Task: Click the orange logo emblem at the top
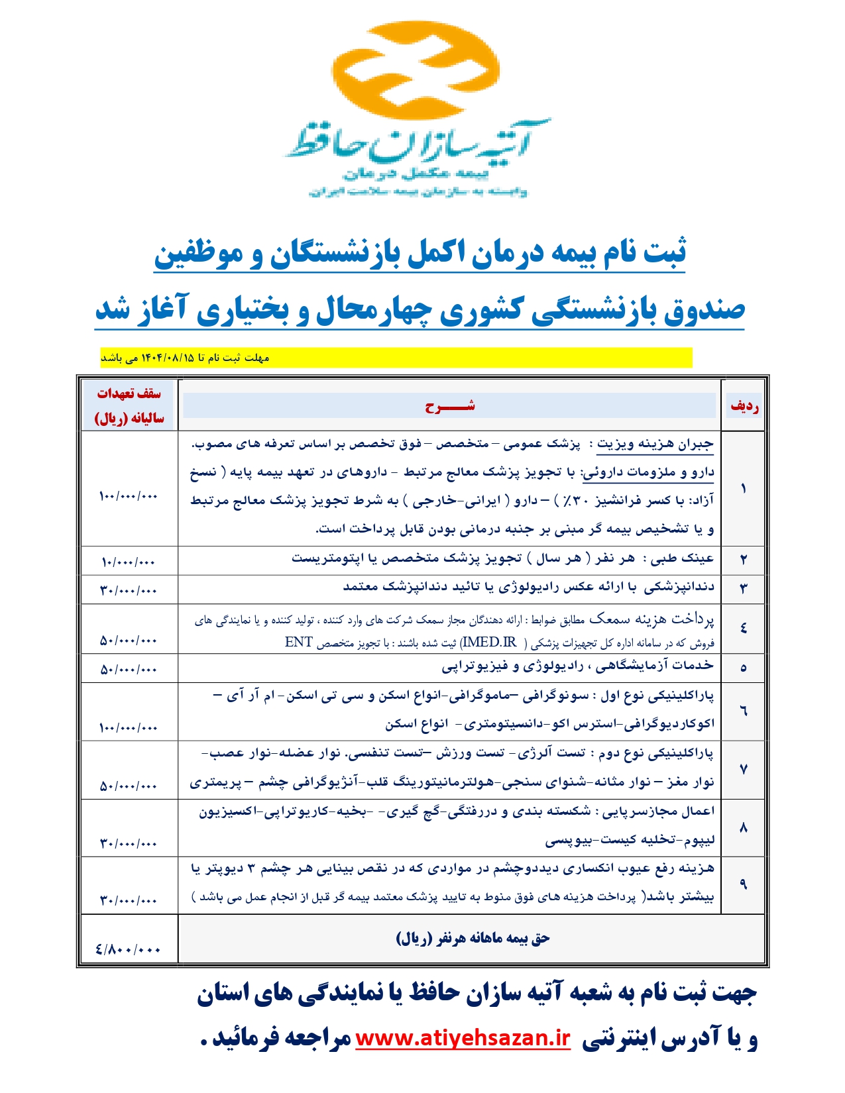422,72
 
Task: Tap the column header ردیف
744,406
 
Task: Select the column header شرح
450,406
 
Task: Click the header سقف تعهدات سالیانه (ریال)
129,405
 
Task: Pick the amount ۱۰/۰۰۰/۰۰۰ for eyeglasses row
128,562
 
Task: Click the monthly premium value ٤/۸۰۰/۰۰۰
128,949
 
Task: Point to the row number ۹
743,884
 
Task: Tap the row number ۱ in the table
743,489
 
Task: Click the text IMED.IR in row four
489,642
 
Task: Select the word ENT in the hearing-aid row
298,642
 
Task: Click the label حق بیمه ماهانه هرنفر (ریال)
473,939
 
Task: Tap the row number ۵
743,668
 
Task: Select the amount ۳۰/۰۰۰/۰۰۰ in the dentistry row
128,590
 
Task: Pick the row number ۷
743,769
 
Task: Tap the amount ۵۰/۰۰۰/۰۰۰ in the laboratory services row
128,670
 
